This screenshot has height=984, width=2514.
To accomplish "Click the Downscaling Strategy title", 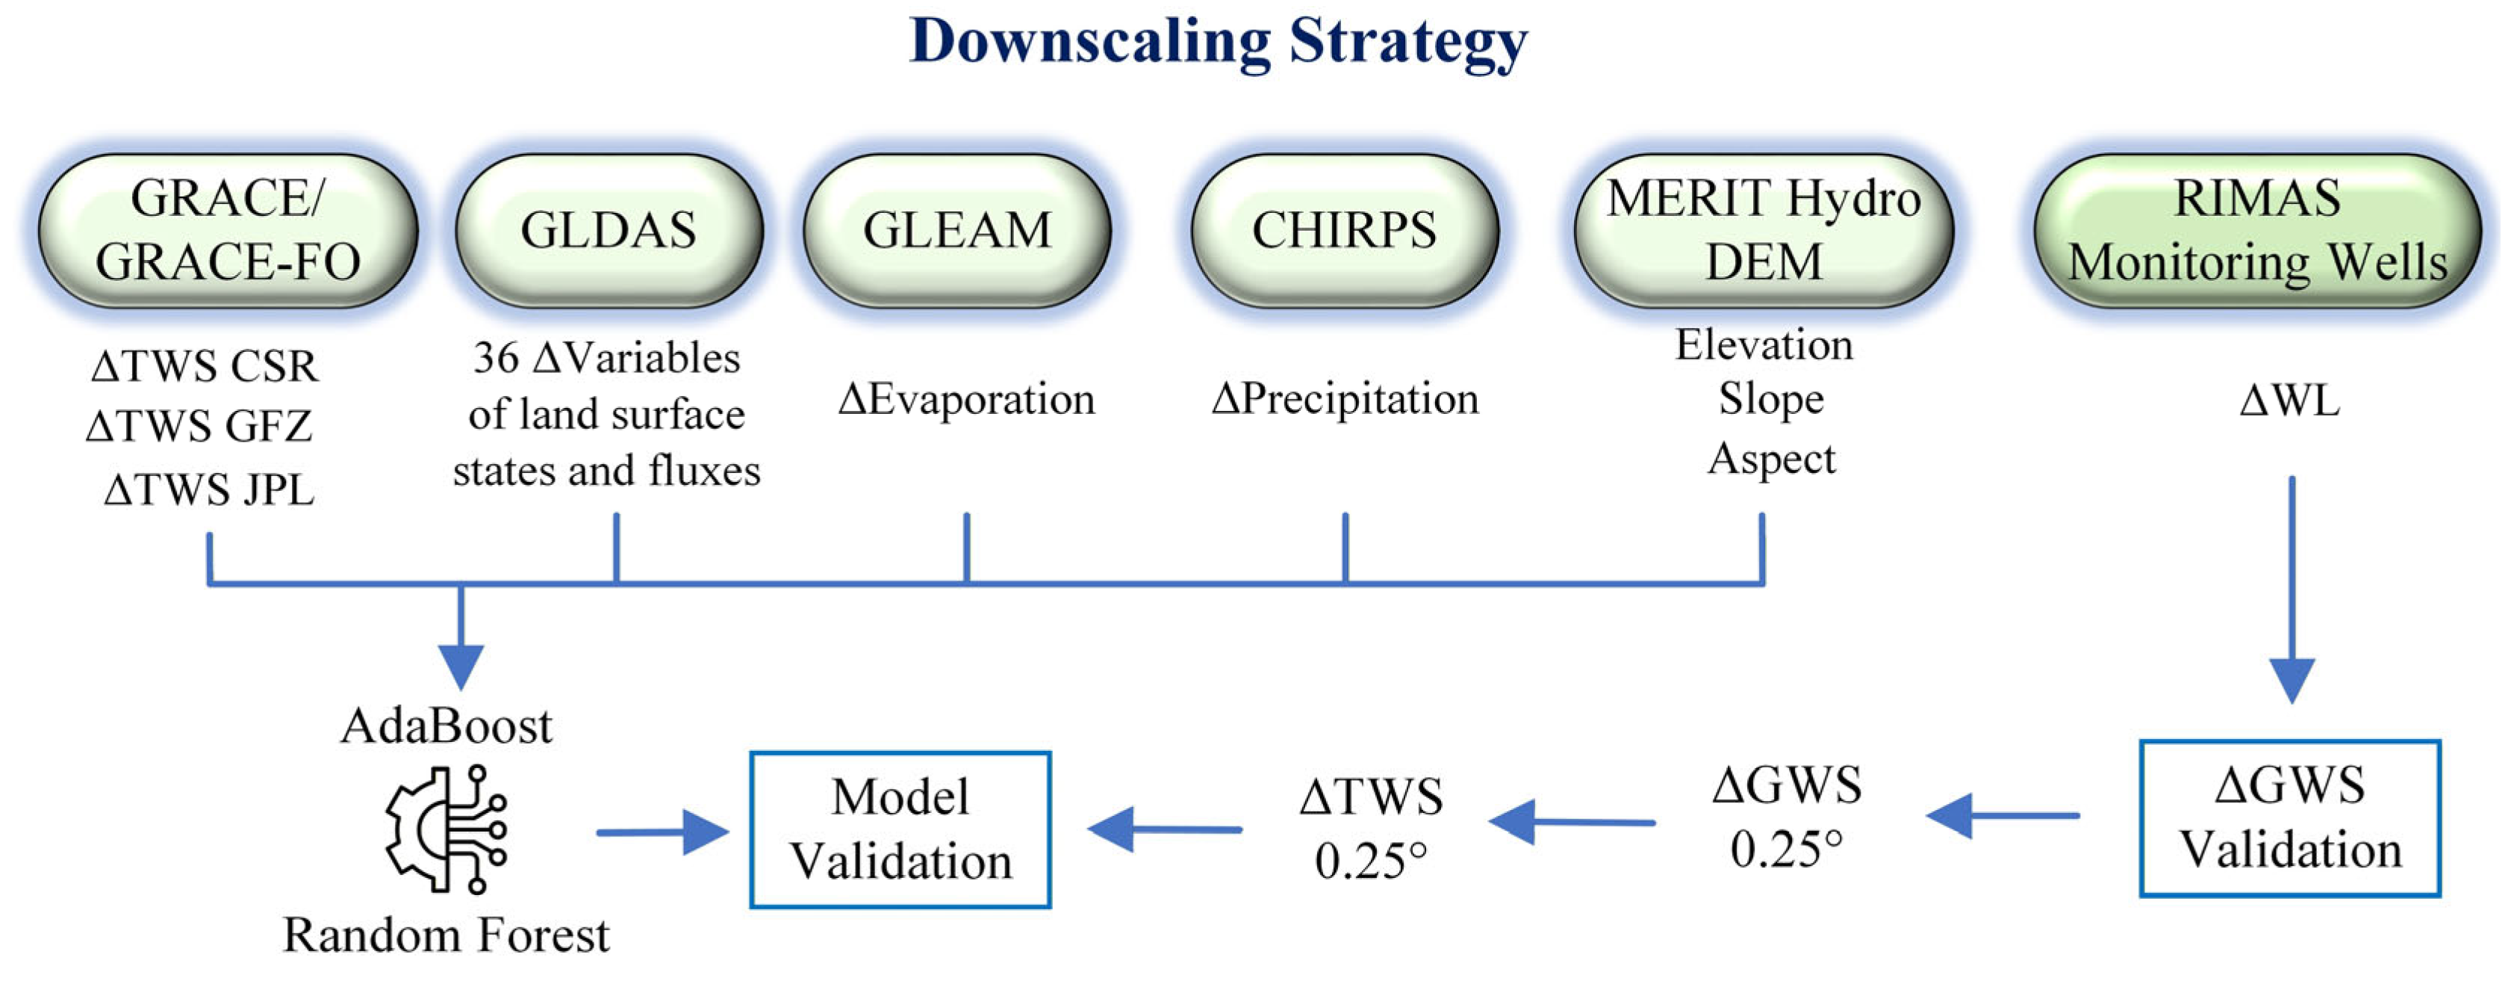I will click(x=1218, y=41).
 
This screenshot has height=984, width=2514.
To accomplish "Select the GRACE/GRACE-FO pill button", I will click(x=228, y=230).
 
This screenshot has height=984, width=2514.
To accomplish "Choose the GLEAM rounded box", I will click(x=956, y=230).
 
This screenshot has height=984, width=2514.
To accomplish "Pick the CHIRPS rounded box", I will click(x=1344, y=230).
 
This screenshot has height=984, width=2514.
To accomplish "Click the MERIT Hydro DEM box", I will click(x=1764, y=230).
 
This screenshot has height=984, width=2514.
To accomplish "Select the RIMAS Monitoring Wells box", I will click(x=2256, y=230).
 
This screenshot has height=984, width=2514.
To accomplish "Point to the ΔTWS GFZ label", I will click(x=199, y=427).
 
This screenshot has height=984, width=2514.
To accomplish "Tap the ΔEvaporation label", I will click(x=966, y=399).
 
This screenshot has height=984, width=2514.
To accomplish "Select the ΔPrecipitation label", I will click(x=1345, y=399).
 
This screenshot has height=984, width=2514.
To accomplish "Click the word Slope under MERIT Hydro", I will click(x=1770, y=399).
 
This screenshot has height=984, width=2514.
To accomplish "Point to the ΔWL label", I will click(x=2289, y=401).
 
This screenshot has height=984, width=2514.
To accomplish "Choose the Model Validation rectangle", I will click(x=900, y=830).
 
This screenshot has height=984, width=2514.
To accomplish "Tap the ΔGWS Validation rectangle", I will click(x=2289, y=818).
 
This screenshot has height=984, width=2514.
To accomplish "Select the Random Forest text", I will click(x=446, y=935).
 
